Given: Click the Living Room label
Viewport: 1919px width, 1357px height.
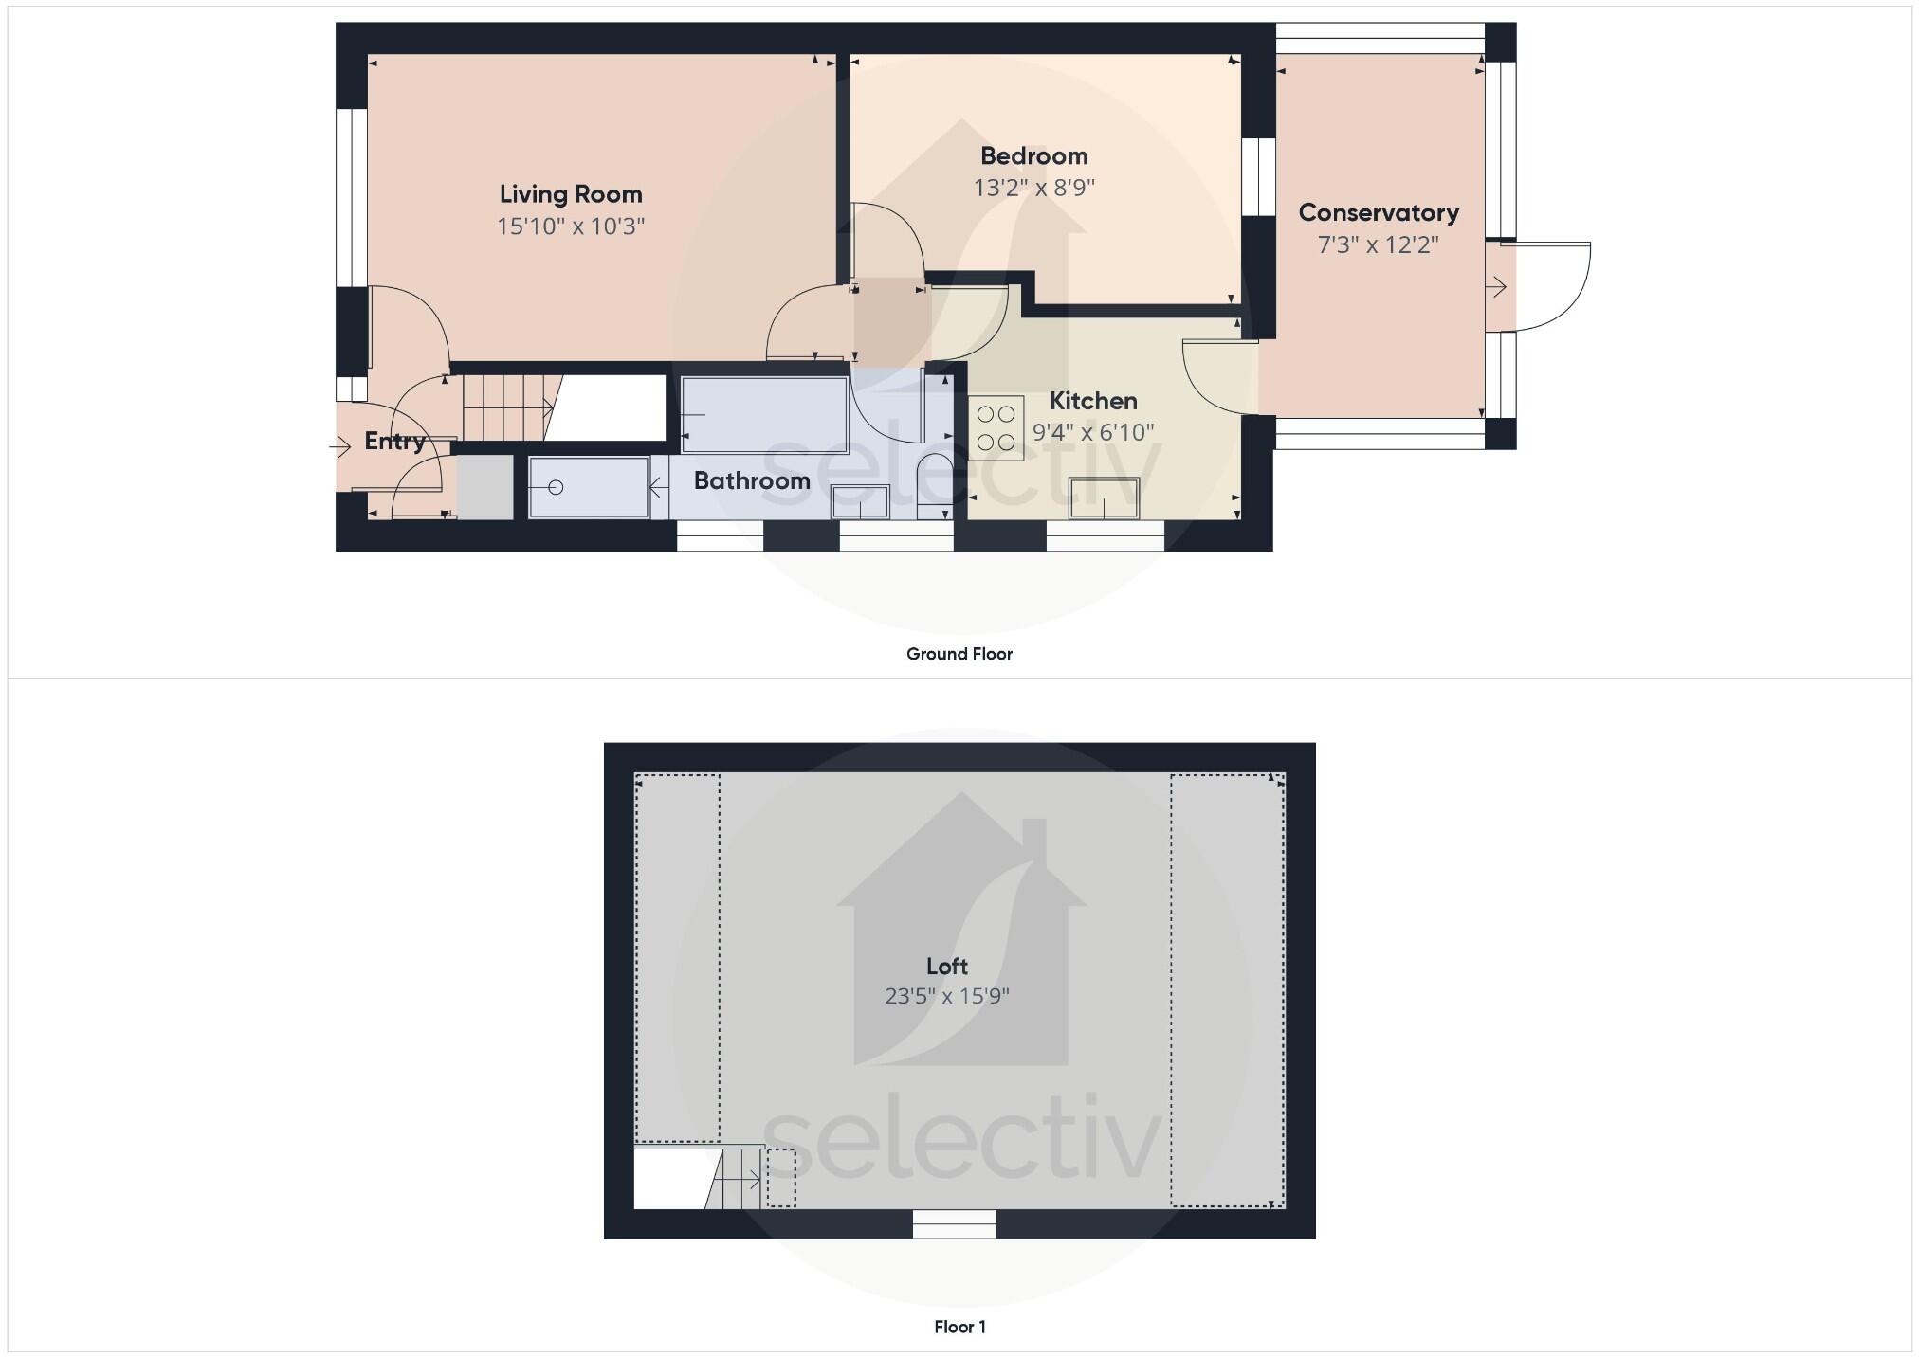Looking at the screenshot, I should coord(571,194).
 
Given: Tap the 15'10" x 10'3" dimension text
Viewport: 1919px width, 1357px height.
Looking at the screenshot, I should coord(571,226).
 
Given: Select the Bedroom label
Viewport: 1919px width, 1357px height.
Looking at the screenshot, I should coord(1033,156).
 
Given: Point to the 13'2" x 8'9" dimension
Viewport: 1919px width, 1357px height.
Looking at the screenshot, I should coord(1033,188).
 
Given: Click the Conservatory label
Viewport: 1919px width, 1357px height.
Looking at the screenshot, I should coord(1378,213).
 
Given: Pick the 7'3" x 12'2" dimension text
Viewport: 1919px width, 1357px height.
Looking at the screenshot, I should coord(1378,245).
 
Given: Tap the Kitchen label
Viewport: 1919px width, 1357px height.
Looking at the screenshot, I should coord(1093,401).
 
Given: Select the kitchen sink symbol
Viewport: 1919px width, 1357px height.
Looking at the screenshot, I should coord(1104,498).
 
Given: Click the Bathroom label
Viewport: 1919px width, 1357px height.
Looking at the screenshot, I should coord(752,481).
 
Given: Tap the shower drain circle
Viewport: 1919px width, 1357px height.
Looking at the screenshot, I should coord(557,488).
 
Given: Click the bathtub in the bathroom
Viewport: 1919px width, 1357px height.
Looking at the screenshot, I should coord(764,415).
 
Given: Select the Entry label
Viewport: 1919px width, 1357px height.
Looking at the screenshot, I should coord(394,442).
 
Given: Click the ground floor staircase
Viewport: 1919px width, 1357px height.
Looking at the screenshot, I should coord(508,407).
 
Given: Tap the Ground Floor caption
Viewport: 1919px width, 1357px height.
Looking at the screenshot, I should coord(959,654).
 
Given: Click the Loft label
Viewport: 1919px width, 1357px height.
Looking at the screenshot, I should coord(946,967).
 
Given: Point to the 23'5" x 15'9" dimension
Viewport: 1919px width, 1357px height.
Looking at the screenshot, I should coord(946,996).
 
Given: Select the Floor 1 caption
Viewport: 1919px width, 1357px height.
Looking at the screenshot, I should coord(959,1327).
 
